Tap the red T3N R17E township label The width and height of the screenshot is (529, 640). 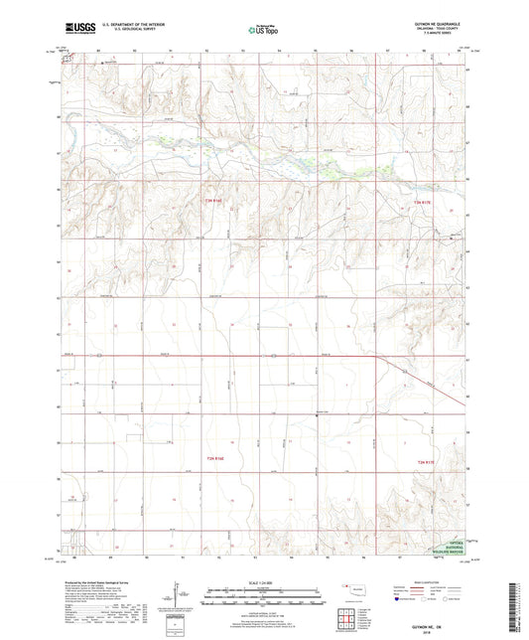[425, 204]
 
